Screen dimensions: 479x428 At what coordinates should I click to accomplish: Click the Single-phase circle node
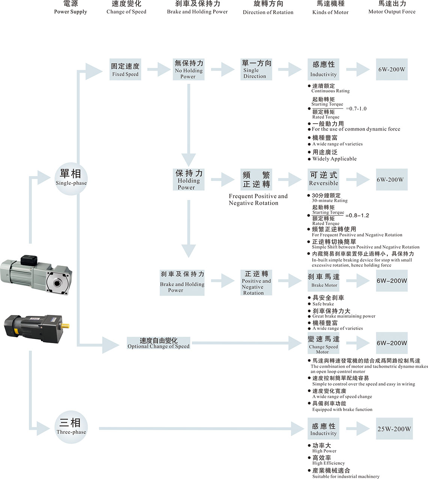click(71, 178)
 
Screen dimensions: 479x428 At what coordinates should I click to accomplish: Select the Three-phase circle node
click(71, 427)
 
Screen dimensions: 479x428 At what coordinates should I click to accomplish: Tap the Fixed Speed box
click(125, 69)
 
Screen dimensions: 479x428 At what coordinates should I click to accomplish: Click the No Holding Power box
click(188, 69)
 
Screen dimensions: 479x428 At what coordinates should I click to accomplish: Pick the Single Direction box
click(256, 69)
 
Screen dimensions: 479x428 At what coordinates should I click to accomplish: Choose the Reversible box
click(323, 179)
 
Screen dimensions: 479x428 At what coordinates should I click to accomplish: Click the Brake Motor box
click(323, 280)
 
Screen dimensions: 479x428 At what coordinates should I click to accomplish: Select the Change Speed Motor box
click(323, 343)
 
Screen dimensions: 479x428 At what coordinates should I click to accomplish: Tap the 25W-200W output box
click(394, 429)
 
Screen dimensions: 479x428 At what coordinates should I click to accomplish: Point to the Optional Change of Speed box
click(158, 343)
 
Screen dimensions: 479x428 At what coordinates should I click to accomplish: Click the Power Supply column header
click(71, 8)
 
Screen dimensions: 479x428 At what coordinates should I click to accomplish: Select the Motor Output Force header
click(392, 8)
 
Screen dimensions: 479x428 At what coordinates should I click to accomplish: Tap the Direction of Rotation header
click(268, 8)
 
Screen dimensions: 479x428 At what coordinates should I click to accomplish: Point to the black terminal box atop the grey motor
click(29, 259)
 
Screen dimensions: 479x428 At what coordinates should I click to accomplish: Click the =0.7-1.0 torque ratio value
click(356, 108)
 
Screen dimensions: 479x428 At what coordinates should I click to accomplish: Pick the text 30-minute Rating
click(330, 200)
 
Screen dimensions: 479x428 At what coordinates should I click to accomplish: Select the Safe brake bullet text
click(323, 304)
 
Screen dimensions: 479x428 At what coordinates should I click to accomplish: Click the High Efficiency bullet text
click(328, 463)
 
